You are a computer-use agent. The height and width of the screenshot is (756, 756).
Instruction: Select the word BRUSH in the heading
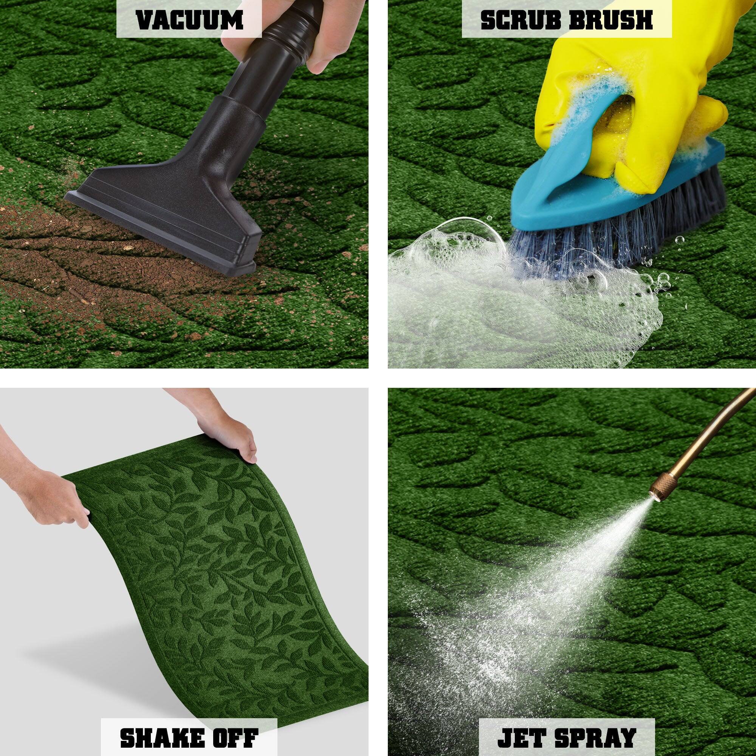pos(611,20)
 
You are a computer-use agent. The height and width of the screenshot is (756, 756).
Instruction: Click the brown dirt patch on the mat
pos(47,251)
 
